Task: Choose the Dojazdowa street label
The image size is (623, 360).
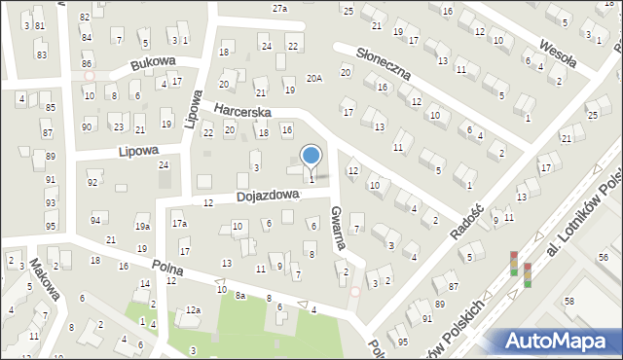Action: (268, 196)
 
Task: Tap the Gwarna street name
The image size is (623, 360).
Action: (338, 230)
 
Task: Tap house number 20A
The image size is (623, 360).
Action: (313, 79)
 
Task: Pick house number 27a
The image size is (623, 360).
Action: (279, 8)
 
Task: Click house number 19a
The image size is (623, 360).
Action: (142, 227)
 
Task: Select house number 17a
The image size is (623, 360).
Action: (179, 224)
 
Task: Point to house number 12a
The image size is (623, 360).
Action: (193, 309)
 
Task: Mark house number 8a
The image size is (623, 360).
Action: (239, 293)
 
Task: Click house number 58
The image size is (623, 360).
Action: (568, 303)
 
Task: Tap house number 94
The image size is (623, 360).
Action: (95, 221)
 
